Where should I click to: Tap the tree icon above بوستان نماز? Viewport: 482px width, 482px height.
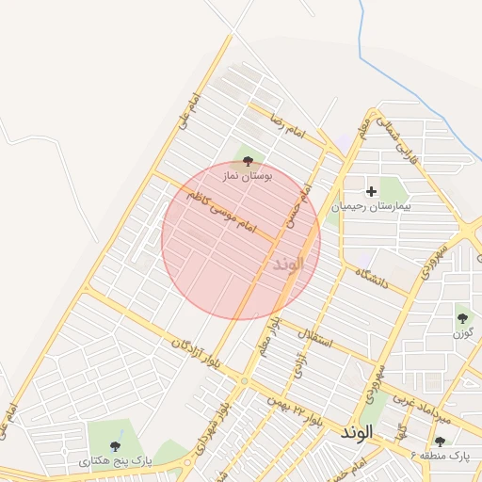tap(248, 162)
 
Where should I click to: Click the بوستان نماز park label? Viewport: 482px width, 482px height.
tap(247, 176)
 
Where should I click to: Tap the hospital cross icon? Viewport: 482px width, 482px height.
tap(371, 191)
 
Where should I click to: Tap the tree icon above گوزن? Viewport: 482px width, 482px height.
tap(462, 317)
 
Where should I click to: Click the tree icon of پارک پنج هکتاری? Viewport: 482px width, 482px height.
tap(115, 446)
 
